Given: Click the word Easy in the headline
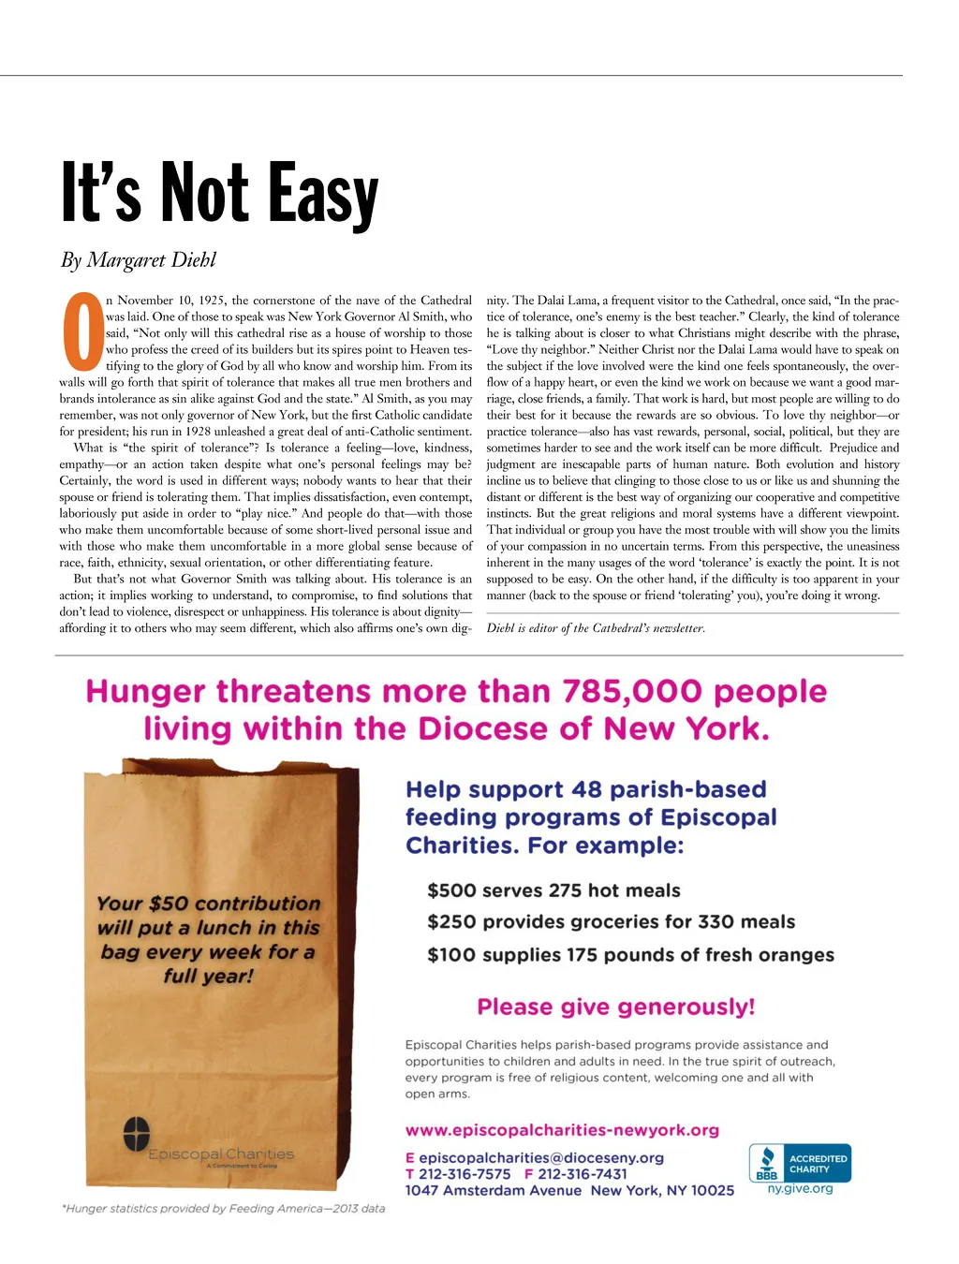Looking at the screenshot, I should click(323, 194).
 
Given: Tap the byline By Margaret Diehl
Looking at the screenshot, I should click(139, 260).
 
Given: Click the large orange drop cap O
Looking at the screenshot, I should click(82, 331).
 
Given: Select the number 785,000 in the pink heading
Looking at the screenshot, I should click(632, 692).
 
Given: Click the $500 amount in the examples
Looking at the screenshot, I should click(451, 890).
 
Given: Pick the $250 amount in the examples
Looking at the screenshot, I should click(451, 922).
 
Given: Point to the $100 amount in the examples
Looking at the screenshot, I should click(451, 955).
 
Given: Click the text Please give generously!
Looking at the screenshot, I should click(615, 1007).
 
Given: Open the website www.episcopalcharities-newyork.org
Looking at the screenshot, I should click(562, 1130).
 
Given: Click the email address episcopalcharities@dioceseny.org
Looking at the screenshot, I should click(541, 1158).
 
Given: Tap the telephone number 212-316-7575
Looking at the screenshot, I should click(465, 1174).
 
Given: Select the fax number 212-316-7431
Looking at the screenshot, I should click(583, 1174).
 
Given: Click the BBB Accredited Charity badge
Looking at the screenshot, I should click(799, 1163).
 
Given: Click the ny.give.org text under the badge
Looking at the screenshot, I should click(800, 1189).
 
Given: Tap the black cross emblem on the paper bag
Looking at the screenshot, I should click(137, 1134).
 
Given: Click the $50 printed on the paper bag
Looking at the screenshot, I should click(169, 904).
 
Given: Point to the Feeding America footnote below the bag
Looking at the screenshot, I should click(224, 1209).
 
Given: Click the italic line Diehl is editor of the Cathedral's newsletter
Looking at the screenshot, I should click(596, 628).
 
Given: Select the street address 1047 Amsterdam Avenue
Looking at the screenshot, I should click(493, 1191).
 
